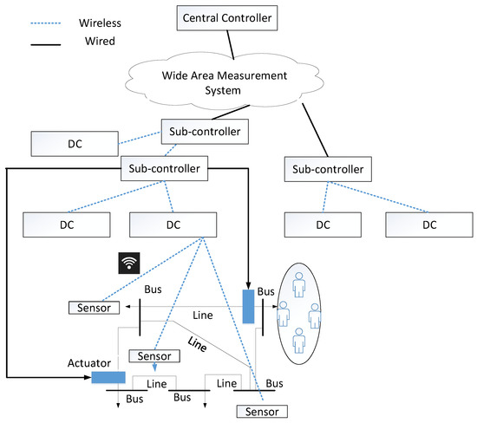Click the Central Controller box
227,18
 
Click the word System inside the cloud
223,91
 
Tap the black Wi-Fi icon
129,263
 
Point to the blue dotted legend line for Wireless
46,23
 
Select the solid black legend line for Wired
46,45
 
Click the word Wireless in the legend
100,23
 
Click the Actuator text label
89,363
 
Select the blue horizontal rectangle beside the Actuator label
108,377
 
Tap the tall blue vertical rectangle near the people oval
248,306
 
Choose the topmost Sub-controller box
205,132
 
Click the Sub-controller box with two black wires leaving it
164,168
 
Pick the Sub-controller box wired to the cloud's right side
328,169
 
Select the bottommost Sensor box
262,412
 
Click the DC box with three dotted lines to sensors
173,225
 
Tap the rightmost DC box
429,225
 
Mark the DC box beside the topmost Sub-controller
75,144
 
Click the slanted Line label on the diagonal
197,344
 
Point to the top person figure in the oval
298,284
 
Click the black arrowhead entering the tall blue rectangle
248,285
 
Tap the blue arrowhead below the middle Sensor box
155,368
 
